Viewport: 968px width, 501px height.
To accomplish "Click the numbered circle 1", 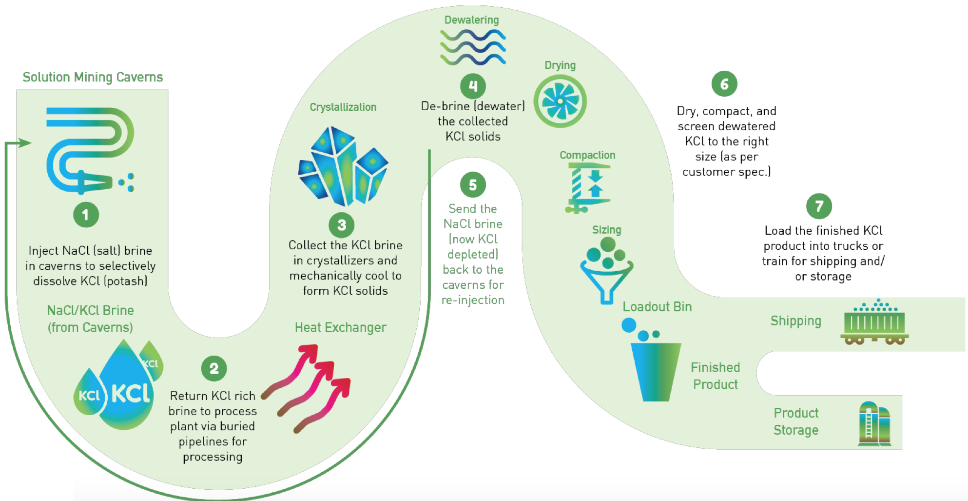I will (86, 215).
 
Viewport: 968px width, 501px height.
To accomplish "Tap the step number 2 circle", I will (214, 368).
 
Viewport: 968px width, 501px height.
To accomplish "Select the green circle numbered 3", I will (342, 225).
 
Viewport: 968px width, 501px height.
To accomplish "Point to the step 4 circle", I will (473, 86).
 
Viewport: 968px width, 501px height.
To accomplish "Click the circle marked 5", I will (473, 185).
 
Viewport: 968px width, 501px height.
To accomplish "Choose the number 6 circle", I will (724, 84).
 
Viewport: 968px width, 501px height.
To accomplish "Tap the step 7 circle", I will (819, 206).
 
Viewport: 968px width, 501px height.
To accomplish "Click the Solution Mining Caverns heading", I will (93, 77).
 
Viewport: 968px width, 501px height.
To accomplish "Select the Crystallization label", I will (343, 107).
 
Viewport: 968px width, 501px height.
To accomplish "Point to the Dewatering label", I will (471, 20).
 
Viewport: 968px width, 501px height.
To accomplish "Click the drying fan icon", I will (560, 101).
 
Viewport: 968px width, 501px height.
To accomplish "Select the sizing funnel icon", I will (606, 271).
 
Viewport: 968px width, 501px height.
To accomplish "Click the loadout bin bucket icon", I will (655, 371).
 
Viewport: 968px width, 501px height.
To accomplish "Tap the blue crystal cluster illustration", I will (343, 165).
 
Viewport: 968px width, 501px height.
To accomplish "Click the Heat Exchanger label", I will (340, 327).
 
